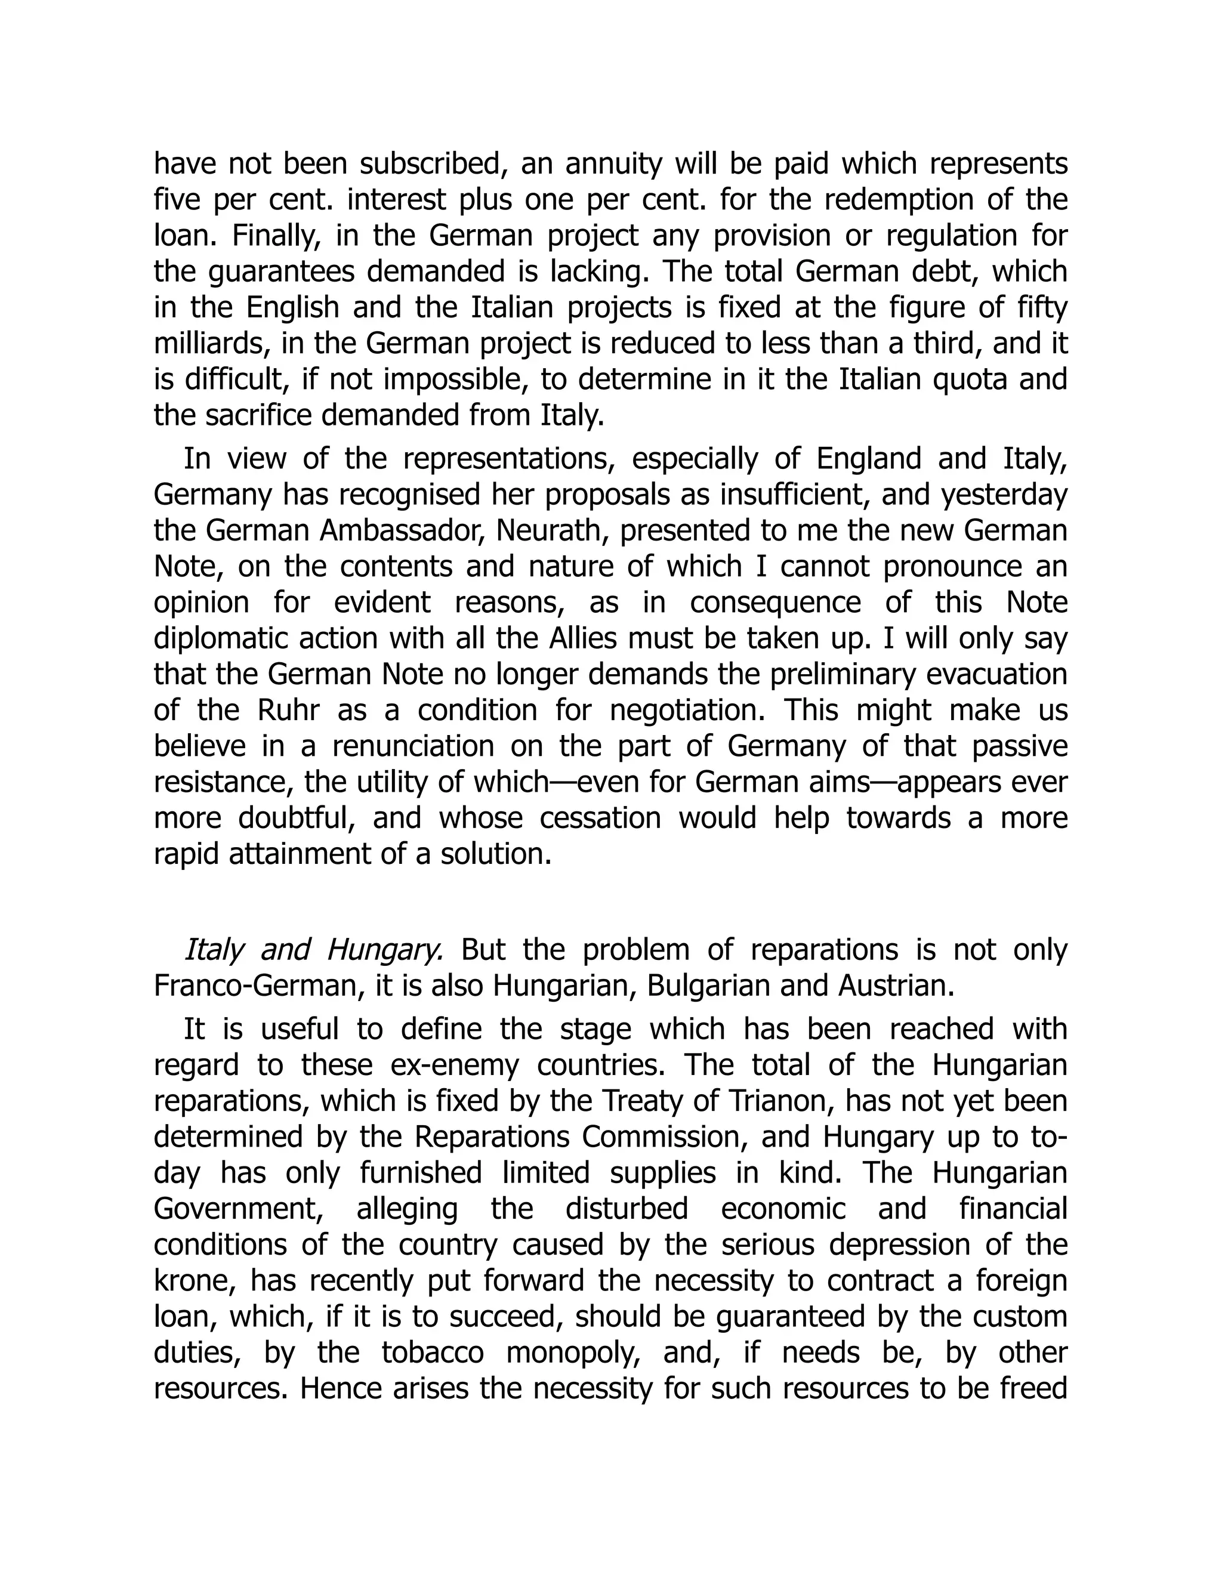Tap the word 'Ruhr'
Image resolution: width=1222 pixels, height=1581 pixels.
coord(288,710)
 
